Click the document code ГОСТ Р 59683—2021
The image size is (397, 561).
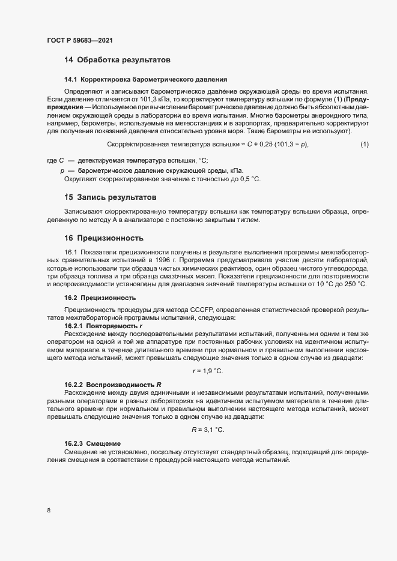[x=79, y=41]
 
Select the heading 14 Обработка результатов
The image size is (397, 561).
[x=117, y=60]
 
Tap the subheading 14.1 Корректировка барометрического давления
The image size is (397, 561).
[x=145, y=79]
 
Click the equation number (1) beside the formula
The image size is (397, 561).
[x=364, y=144]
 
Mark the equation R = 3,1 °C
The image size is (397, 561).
[x=208, y=430]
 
